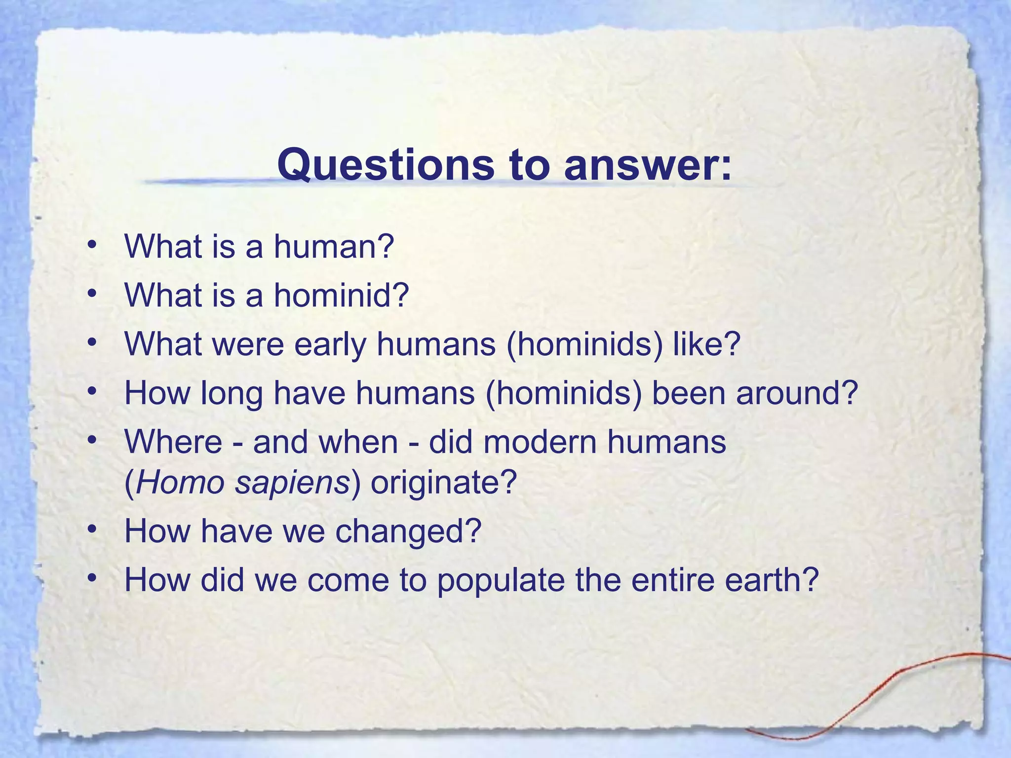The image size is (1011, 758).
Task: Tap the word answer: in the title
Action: (647, 165)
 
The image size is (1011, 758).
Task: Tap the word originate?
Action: (443, 482)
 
